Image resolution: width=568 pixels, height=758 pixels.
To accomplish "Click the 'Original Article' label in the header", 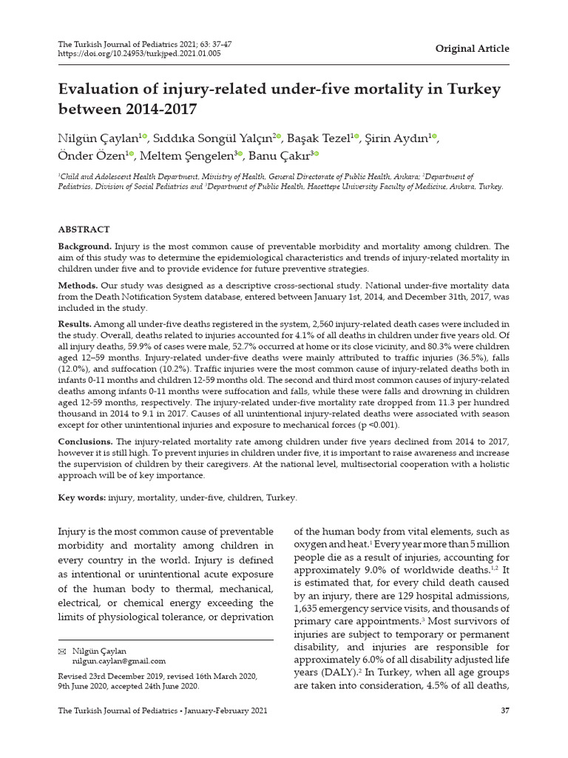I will click(x=472, y=49).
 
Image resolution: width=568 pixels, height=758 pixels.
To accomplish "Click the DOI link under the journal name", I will click(x=139, y=53).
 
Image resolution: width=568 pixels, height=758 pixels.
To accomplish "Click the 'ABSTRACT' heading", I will click(x=84, y=229).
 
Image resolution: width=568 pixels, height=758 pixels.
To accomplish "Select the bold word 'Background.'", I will click(x=85, y=246).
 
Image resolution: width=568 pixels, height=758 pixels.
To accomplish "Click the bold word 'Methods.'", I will click(x=78, y=285).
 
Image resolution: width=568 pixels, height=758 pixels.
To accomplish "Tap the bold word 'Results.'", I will click(x=75, y=324).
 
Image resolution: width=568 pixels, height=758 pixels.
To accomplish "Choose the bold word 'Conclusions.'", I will click(x=85, y=442).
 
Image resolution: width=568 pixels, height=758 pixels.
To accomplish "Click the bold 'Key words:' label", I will click(x=81, y=497).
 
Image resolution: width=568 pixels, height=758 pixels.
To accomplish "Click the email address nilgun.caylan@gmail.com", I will click(x=118, y=661).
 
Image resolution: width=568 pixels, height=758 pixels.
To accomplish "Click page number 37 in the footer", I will click(x=504, y=711).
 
